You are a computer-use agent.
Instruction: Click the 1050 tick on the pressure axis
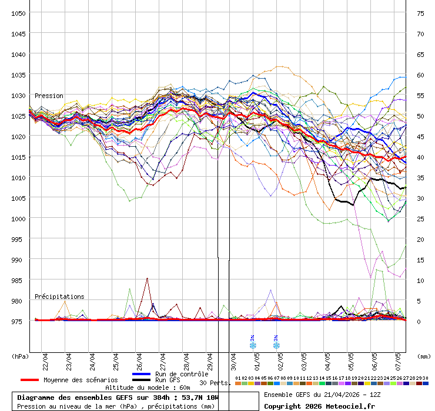[x=18, y=13]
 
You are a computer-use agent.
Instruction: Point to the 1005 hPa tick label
[x=18, y=198]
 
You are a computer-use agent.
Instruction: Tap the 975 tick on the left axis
[x=18, y=321]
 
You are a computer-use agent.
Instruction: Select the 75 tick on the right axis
[x=420, y=13]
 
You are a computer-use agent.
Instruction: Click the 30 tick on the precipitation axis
[x=420, y=198]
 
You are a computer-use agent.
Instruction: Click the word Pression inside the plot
[x=49, y=96]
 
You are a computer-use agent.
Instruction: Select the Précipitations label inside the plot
[x=59, y=297]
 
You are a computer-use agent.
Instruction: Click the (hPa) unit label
[x=20, y=356]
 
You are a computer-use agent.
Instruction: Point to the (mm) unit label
[x=424, y=356]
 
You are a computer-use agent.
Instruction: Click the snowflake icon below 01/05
[x=253, y=345]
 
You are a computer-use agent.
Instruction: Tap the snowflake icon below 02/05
[x=276, y=345]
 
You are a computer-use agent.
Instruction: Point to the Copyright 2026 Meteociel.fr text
[x=319, y=406]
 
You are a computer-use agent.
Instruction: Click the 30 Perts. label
[x=213, y=383]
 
